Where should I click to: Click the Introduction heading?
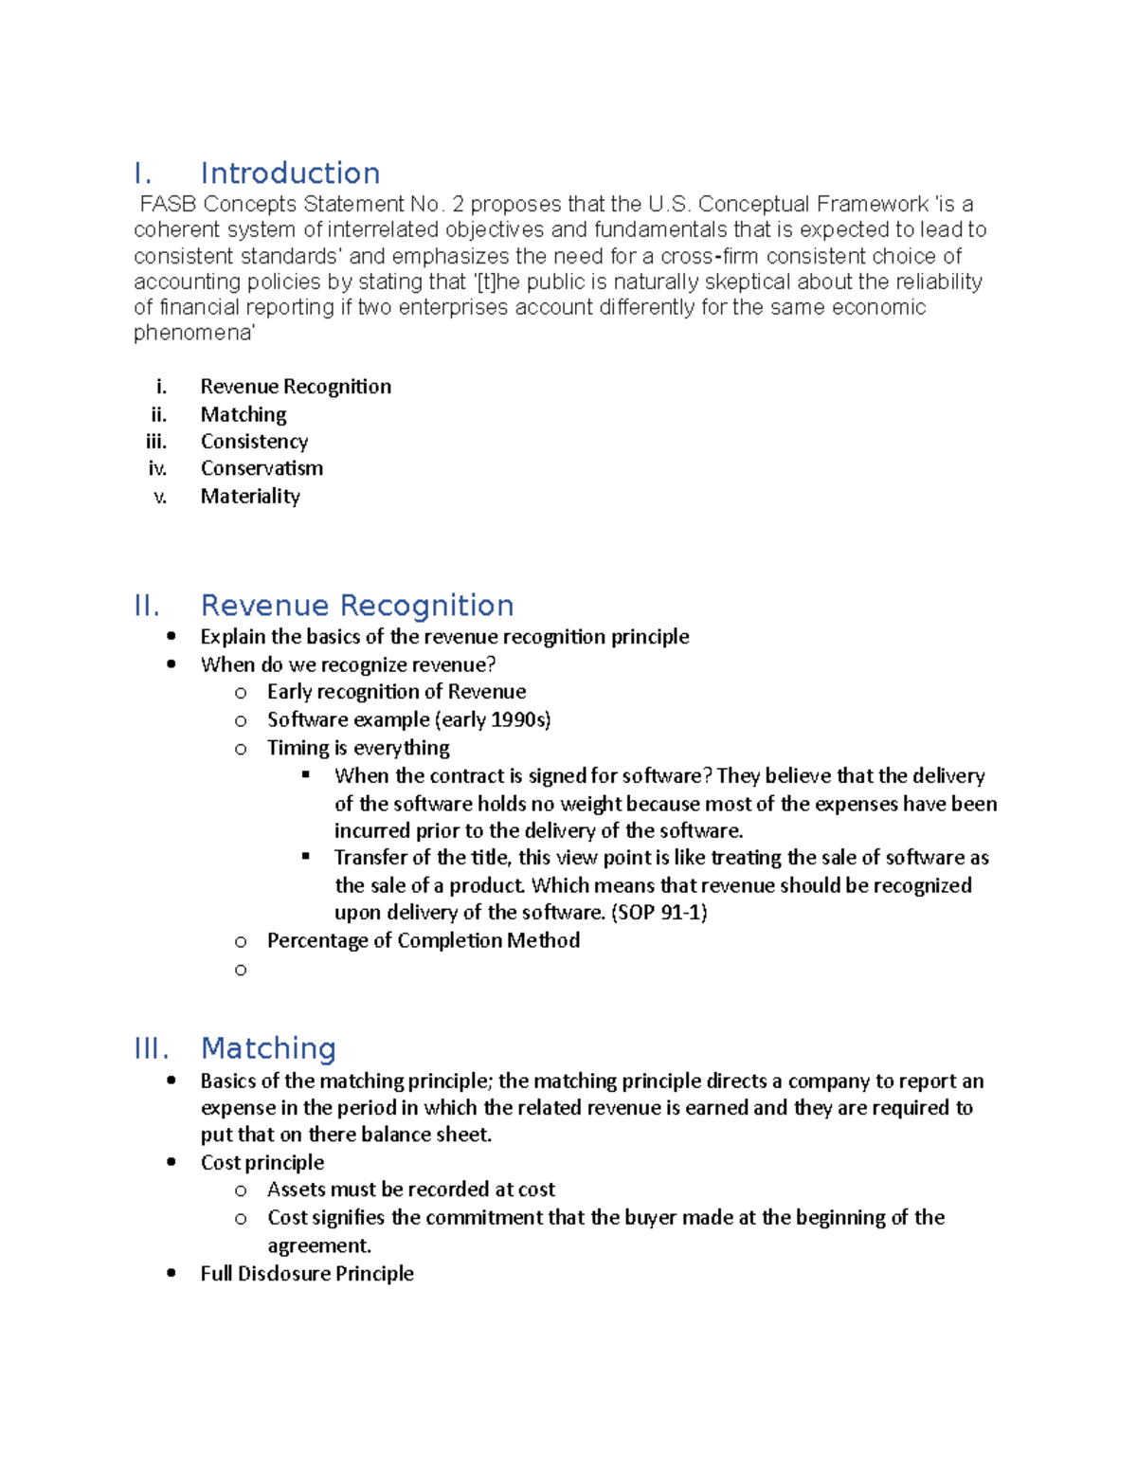(290, 173)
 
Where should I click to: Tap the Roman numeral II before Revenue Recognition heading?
(147, 606)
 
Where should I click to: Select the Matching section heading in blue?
(268, 1048)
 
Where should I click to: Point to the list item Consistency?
(254, 442)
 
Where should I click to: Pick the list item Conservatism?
(262, 468)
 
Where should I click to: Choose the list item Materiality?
(250, 497)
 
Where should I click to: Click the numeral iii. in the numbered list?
(156, 442)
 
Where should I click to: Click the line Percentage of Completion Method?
(423, 940)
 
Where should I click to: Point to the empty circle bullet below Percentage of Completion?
(241, 970)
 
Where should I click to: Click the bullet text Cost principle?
(262, 1163)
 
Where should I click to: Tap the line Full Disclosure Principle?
(307, 1274)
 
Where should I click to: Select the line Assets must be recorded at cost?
(410, 1190)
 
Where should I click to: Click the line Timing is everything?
(358, 748)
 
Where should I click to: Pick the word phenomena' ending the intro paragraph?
(194, 334)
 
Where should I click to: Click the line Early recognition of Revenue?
(396, 692)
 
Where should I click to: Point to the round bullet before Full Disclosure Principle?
(171, 1273)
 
